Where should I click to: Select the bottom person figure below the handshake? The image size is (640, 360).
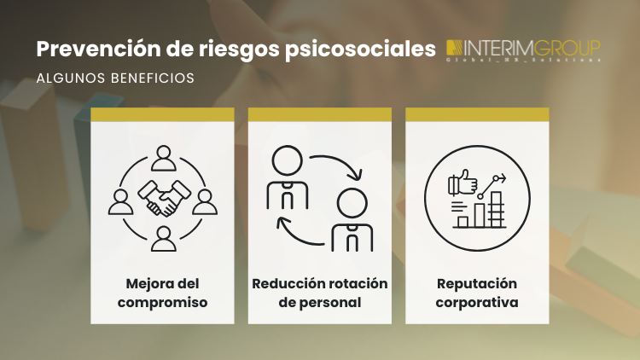coord(163,240)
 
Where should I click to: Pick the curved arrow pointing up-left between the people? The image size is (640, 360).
coord(299,230)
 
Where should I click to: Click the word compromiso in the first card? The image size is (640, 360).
coord(163,302)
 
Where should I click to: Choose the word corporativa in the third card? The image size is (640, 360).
coord(477,302)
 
